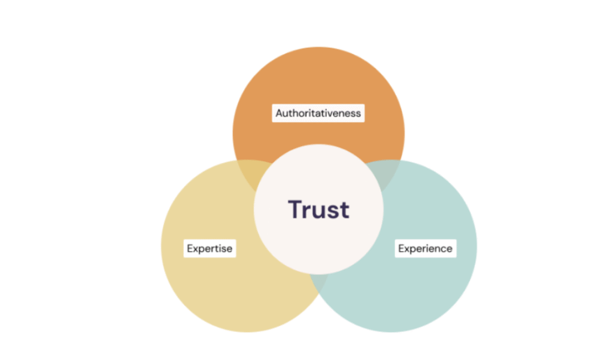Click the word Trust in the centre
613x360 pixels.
(318, 210)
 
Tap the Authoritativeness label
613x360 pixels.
(318, 113)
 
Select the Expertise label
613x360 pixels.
(210, 248)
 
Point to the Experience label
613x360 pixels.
(425, 248)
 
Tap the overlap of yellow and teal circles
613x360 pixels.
(318, 282)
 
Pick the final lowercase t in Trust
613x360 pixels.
(344, 210)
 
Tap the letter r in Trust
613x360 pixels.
(307, 211)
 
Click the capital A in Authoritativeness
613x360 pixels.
(279, 113)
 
